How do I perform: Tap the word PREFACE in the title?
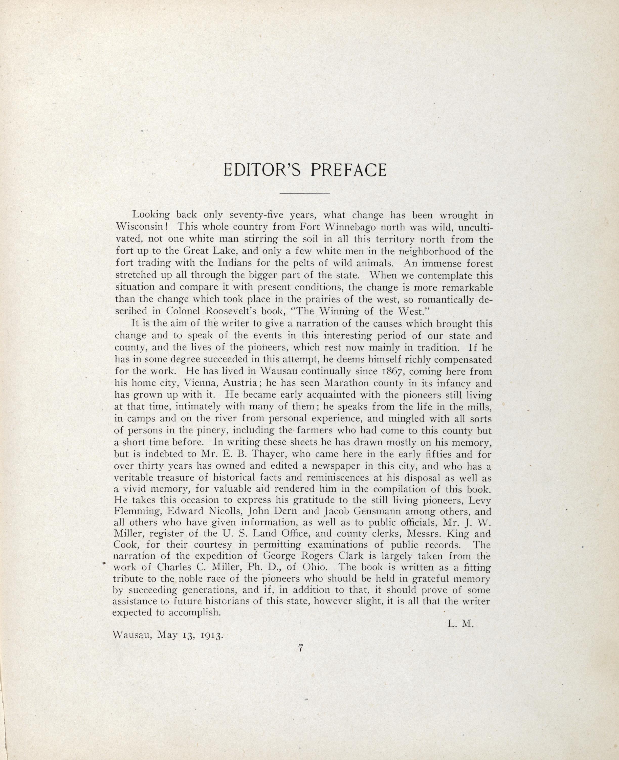[348, 170]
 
